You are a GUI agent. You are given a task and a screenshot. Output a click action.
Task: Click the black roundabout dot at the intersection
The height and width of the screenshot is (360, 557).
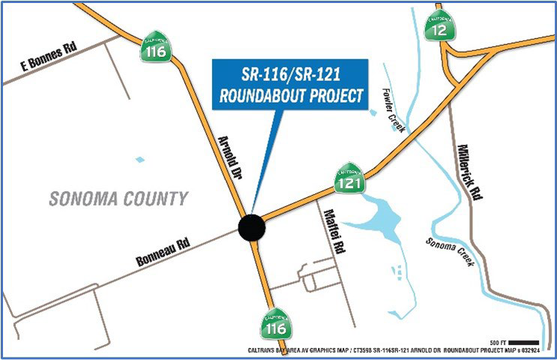[251, 226]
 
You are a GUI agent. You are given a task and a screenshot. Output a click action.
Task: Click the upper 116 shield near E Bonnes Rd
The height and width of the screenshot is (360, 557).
[157, 49]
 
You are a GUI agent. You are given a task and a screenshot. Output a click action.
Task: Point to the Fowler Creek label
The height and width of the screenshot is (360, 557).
[391, 107]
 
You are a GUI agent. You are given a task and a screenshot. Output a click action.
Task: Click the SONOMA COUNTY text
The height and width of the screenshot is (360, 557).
[118, 199]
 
